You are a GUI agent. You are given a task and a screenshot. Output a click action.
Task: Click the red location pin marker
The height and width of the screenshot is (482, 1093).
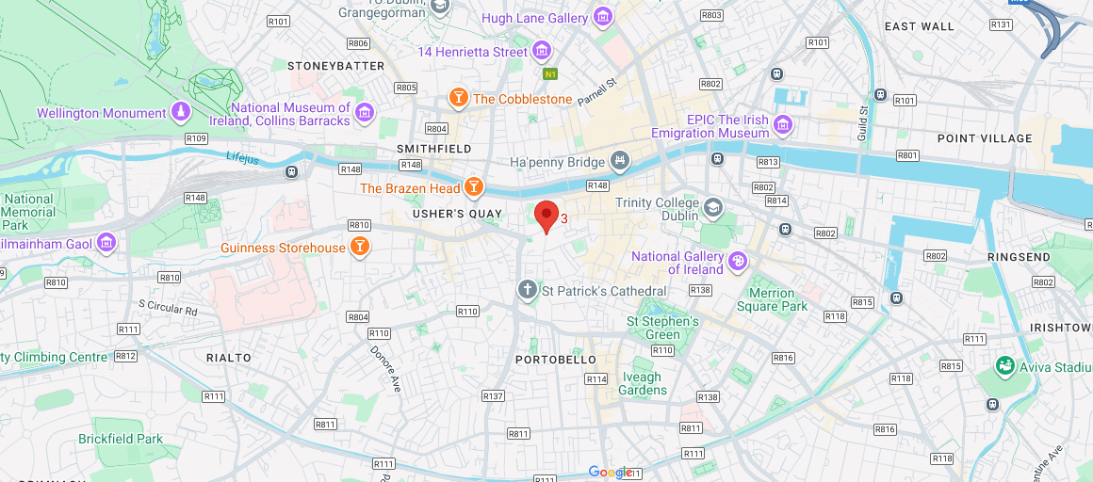point(546,216)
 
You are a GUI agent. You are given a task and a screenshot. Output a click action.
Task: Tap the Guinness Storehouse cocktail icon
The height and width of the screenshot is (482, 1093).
point(358,248)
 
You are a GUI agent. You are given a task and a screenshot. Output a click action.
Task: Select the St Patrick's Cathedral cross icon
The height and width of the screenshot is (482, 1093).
point(528,290)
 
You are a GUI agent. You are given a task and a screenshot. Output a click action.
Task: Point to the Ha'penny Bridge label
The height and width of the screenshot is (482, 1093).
point(556,163)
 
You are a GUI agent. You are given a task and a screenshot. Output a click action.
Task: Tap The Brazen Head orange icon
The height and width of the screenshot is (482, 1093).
point(474,188)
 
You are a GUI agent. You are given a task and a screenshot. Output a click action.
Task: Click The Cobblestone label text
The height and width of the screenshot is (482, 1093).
point(522,99)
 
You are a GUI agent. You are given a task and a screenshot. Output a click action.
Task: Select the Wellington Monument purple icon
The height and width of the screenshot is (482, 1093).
point(179,113)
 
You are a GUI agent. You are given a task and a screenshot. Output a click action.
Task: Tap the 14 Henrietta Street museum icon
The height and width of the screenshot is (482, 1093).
point(542,51)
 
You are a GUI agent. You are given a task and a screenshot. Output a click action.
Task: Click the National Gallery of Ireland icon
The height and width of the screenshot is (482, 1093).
point(738,262)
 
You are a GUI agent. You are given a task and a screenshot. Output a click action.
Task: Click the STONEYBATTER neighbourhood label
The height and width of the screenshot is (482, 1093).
point(335,66)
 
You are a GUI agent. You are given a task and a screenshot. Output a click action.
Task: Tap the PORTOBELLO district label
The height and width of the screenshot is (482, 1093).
point(556,360)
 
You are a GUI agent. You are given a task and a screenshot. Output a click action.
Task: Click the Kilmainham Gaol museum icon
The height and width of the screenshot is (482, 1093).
point(106,243)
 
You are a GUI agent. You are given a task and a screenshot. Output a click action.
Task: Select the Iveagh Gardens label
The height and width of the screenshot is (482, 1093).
point(641,383)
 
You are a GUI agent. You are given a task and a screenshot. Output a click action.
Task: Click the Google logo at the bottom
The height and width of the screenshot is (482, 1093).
point(610,472)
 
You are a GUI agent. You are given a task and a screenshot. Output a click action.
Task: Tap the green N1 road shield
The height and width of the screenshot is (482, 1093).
point(551,73)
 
